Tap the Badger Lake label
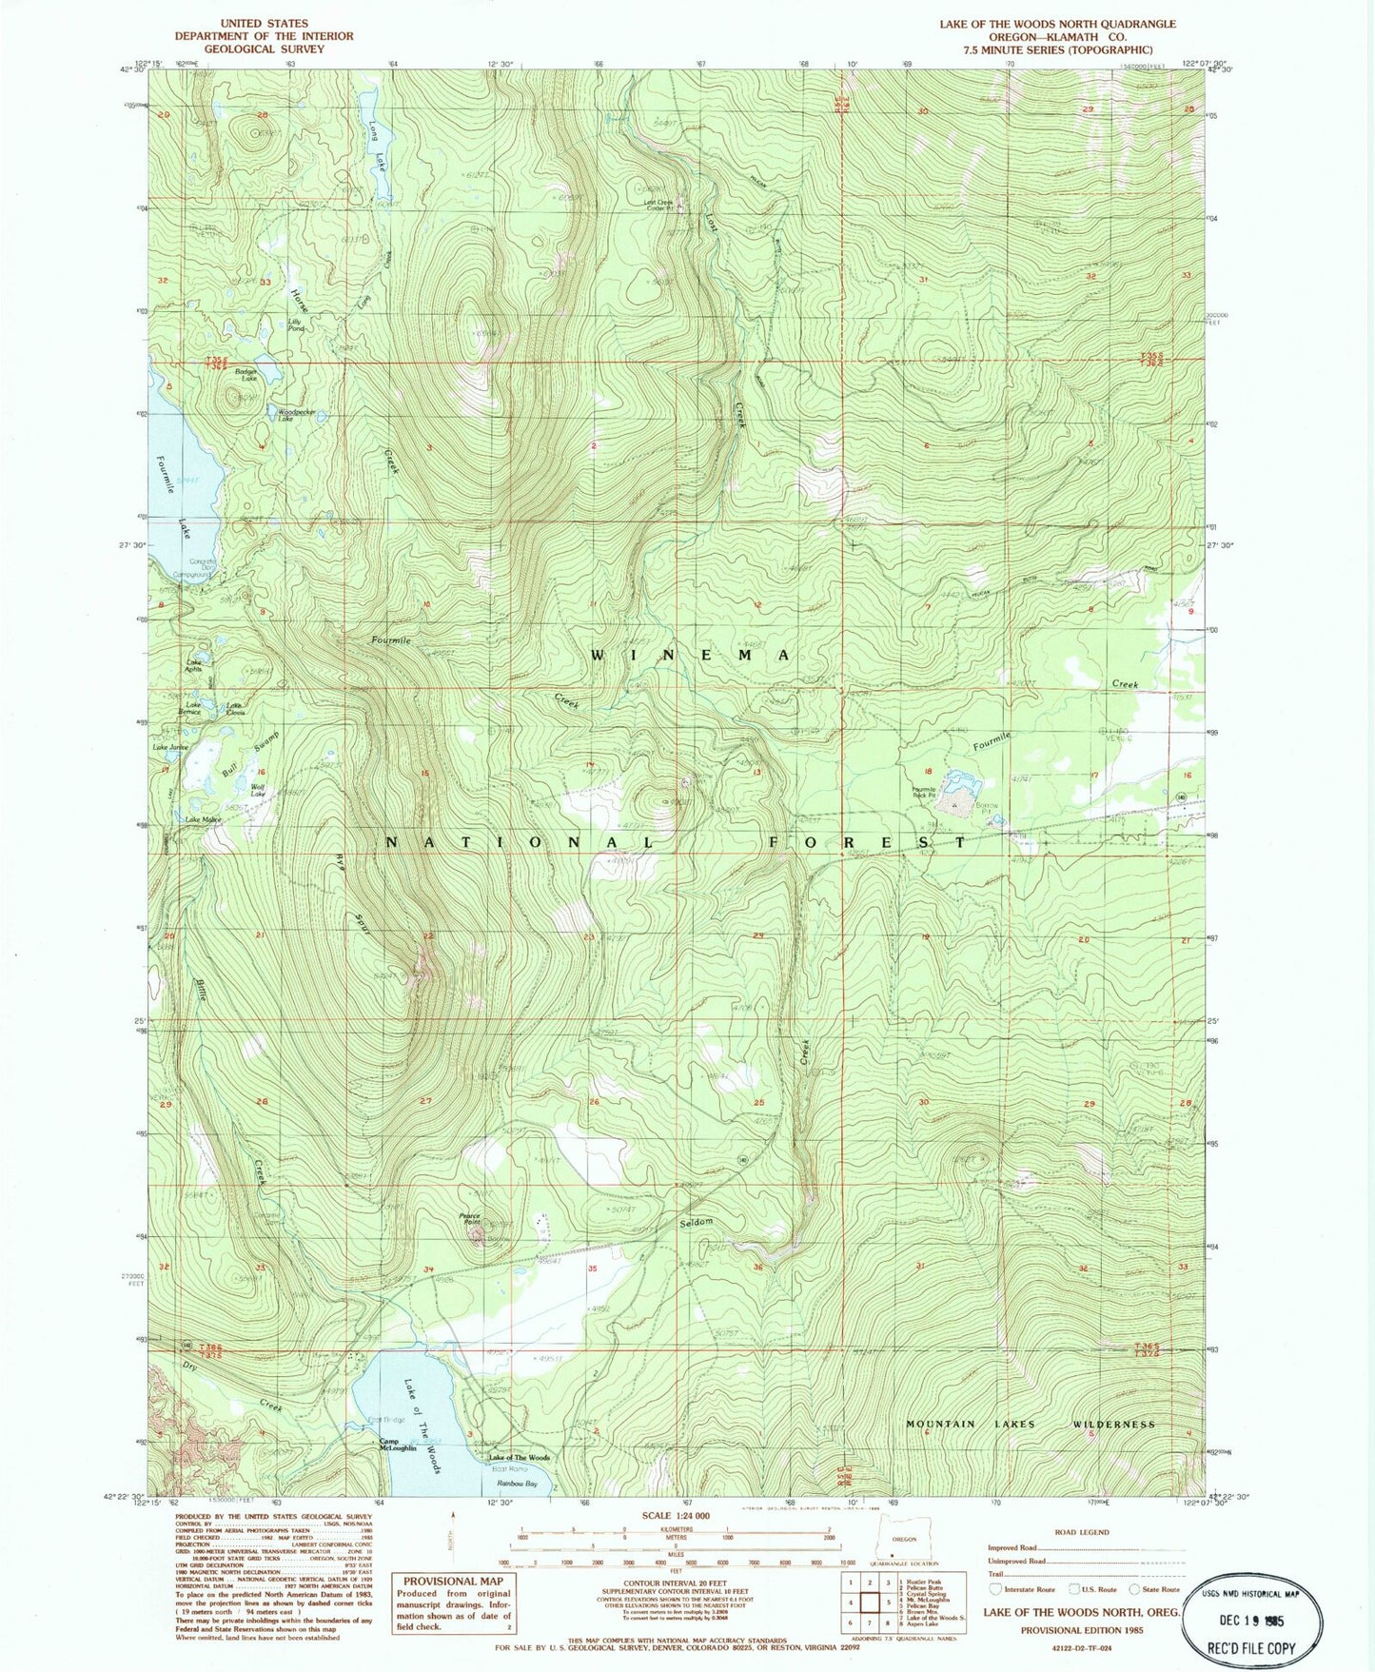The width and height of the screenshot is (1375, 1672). click(x=247, y=375)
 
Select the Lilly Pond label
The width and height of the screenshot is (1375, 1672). click(x=296, y=325)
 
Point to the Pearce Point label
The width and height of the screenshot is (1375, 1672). click(x=470, y=1218)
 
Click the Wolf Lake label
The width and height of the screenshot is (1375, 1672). click(x=257, y=789)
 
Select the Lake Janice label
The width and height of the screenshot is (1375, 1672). click(x=172, y=747)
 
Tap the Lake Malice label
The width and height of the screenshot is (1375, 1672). click(x=203, y=819)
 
